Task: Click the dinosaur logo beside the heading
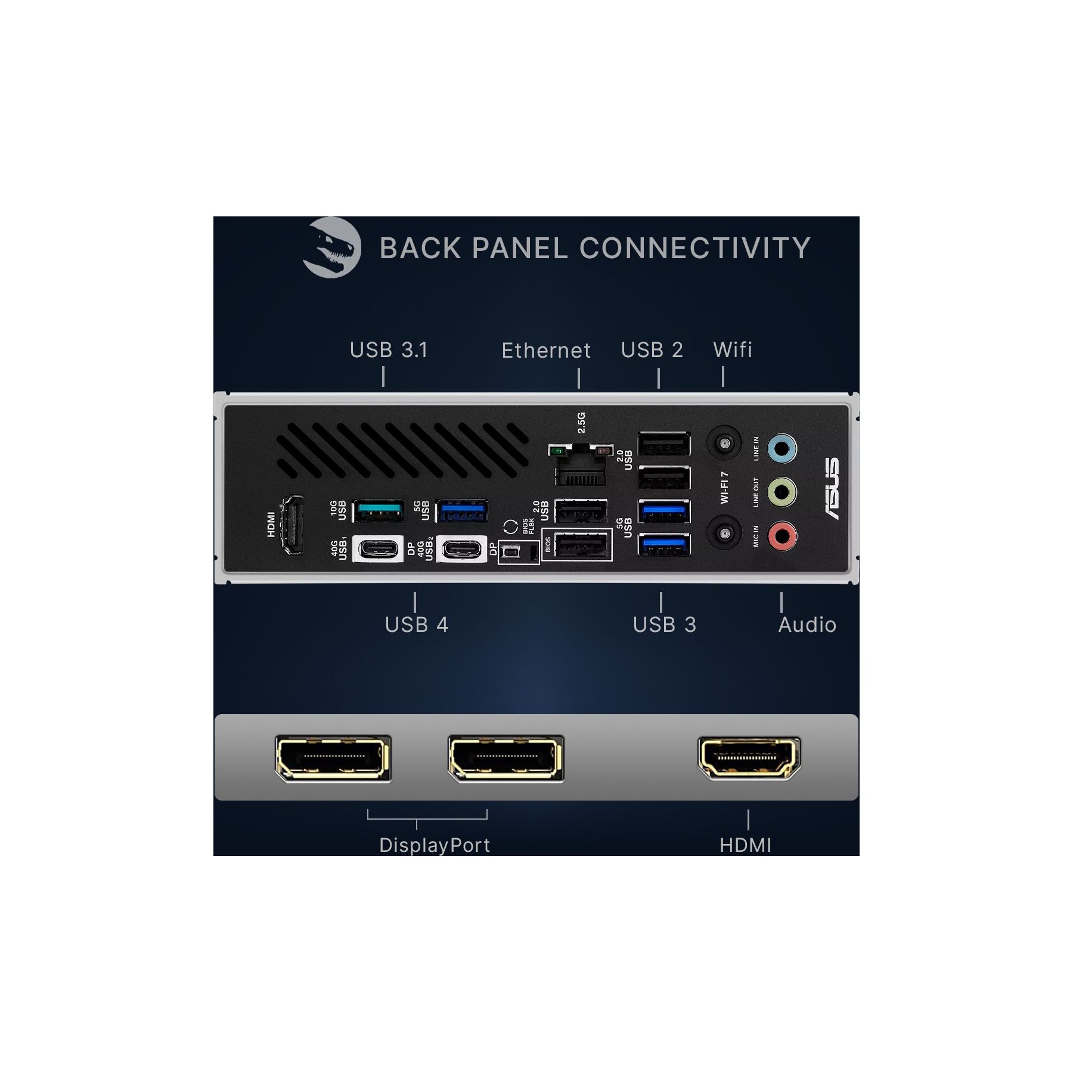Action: (x=331, y=247)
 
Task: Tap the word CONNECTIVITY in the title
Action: (x=694, y=248)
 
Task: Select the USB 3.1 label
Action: (x=389, y=350)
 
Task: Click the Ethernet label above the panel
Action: (x=546, y=351)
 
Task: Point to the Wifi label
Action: (x=733, y=349)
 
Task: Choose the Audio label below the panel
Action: (x=807, y=625)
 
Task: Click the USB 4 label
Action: (x=417, y=625)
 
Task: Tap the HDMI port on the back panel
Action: (x=292, y=525)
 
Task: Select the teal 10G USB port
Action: (x=379, y=511)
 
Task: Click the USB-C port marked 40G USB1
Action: (x=378, y=548)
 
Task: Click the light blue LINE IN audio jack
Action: (x=782, y=448)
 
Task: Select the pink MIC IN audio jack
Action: (x=782, y=536)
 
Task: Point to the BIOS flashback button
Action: (x=510, y=552)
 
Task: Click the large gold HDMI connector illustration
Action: (x=749, y=758)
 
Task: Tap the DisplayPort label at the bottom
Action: (x=435, y=845)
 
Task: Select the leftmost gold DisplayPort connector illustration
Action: (x=333, y=758)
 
